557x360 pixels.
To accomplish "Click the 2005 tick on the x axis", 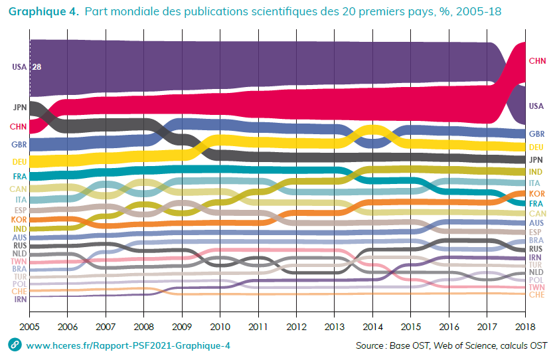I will [29, 327].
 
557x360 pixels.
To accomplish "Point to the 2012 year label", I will [295, 327].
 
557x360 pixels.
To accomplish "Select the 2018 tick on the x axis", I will [524, 327].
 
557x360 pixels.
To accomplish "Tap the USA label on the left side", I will [19, 66].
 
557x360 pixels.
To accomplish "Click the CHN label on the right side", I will [537, 61].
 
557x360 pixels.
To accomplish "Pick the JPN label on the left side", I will [19, 107].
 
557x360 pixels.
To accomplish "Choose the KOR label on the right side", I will [537, 193].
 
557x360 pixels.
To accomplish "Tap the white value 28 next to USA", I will [37, 66].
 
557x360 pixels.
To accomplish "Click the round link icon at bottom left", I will [13, 345].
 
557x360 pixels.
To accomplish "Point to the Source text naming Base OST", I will [451, 345].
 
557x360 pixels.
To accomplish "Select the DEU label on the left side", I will [19, 161].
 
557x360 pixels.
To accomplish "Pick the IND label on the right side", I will [537, 171].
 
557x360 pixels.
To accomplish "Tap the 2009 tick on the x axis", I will [181, 327].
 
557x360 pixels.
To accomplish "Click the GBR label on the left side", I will [19, 144].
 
